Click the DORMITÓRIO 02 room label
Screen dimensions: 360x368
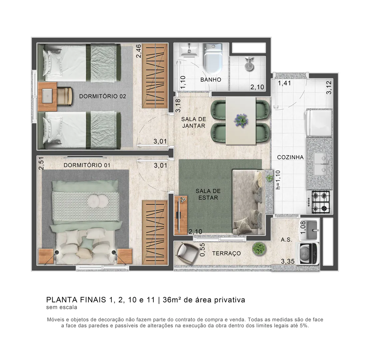pos(102,96)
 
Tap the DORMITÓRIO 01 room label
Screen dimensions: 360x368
pos(87,165)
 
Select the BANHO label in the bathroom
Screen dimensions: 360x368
pos(211,80)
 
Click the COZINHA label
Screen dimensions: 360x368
pos(290,157)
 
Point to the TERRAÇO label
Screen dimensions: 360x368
pos(226,253)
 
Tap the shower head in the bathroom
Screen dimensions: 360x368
pos(249,63)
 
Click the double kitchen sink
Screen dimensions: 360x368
pos(319,164)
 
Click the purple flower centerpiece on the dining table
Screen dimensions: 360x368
pos(241,120)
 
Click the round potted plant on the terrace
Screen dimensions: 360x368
pos(258,248)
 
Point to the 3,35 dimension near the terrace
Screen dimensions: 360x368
pos(288,261)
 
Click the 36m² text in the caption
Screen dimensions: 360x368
pos(172,300)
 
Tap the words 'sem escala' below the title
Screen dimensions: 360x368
pos(62,307)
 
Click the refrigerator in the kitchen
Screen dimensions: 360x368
pos(319,123)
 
